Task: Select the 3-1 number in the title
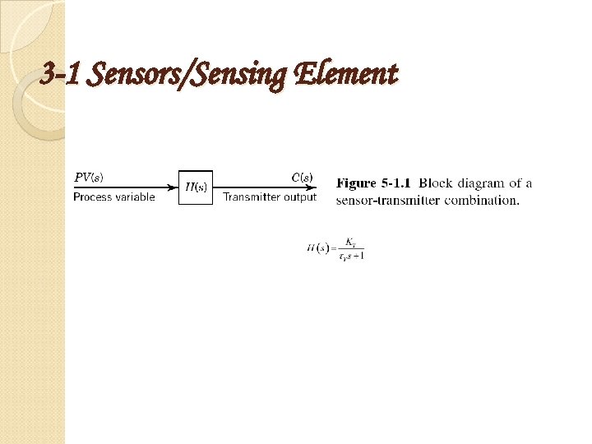[x=62, y=76]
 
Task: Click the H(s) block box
[x=196, y=187]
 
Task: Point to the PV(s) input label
[x=89, y=177]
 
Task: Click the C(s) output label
[x=302, y=177]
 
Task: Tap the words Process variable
[x=113, y=197]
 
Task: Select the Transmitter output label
[x=270, y=197]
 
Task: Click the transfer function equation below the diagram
[x=335, y=248]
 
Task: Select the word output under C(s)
[x=299, y=197]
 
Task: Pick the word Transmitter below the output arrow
[x=252, y=197]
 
